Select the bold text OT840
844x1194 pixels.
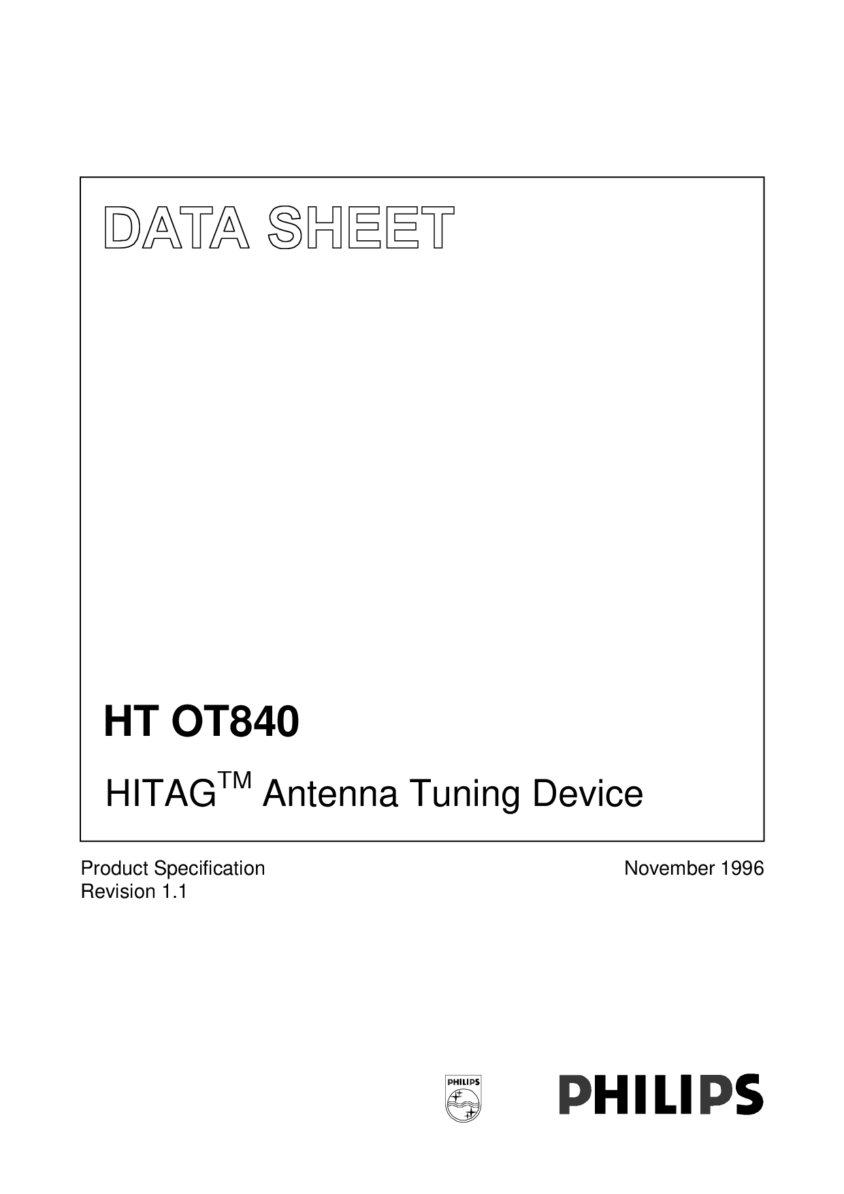pos(235,722)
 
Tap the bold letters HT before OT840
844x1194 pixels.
pos(131,722)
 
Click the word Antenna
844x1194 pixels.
pos(330,794)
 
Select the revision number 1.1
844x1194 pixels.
pos(174,892)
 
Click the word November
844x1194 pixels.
pos(670,869)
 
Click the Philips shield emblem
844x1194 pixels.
pos(462,1099)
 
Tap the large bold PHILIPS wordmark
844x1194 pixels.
pos(661,1094)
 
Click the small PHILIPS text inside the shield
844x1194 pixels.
pos(463,1082)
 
